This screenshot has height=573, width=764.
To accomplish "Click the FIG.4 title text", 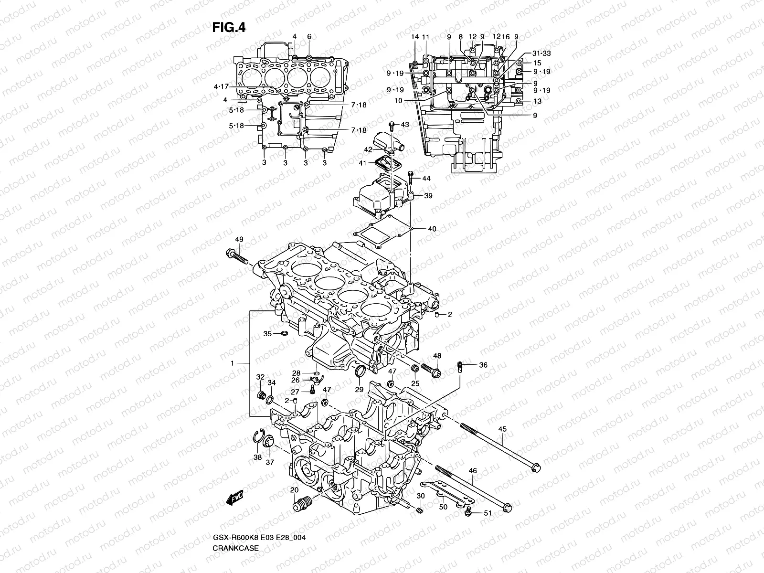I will tap(229, 28).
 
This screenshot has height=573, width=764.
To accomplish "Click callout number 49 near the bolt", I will tap(239, 239).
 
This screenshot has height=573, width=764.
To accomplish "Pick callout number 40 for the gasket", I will tap(432, 229).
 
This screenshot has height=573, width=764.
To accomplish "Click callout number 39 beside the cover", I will tap(428, 196).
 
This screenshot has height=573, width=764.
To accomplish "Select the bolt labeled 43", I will tap(392, 126).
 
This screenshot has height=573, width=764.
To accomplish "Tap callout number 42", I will tap(368, 149).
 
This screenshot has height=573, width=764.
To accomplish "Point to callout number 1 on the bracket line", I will tap(233, 363).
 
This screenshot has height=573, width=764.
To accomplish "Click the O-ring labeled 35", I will tap(283, 333).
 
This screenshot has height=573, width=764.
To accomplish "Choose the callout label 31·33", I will tap(541, 53).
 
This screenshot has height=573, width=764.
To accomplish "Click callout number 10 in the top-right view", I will tap(399, 101).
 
